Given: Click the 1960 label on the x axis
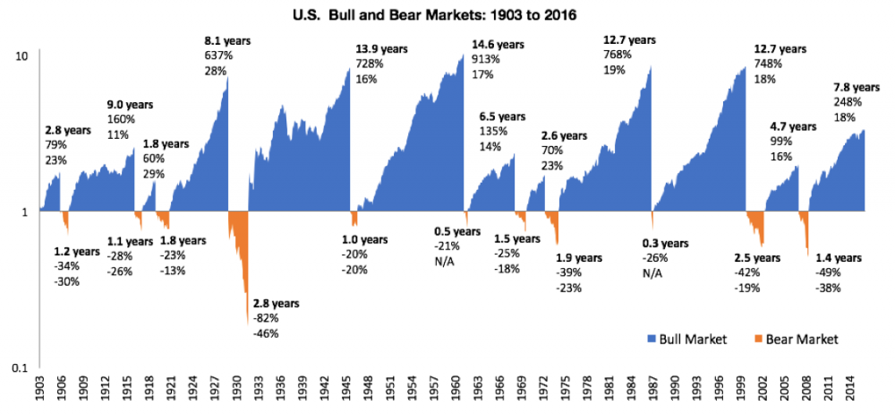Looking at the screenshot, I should (456, 393).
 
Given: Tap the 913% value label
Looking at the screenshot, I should (487, 59).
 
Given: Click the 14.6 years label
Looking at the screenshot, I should (498, 44).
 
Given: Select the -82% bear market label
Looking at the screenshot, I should (267, 318).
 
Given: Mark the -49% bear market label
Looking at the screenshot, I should (828, 272).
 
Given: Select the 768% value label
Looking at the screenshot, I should (618, 55).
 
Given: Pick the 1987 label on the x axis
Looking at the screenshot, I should (653, 393).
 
